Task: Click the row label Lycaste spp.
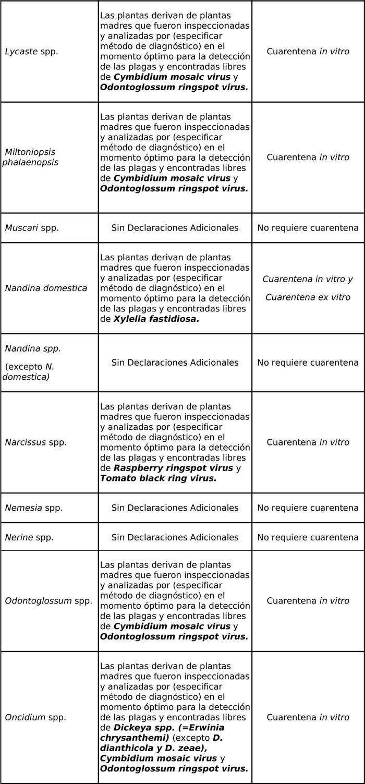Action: click(31, 52)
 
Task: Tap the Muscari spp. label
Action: click(31, 228)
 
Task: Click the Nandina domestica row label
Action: click(46, 288)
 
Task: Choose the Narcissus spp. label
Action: click(35, 442)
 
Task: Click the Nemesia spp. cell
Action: click(33, 508)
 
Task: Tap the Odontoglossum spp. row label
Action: click(48, 601)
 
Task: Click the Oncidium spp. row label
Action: click(35, 718)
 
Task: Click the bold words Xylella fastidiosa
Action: click(156, 319)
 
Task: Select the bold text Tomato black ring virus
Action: click(158, 478)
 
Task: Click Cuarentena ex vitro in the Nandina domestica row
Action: click(308, 297)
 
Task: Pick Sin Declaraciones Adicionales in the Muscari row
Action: click(175, 228)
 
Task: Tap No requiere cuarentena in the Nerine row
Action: click(308, 537)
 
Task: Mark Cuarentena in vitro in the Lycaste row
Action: click(308, 52)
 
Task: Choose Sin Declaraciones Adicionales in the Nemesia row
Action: click(175, 508)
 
